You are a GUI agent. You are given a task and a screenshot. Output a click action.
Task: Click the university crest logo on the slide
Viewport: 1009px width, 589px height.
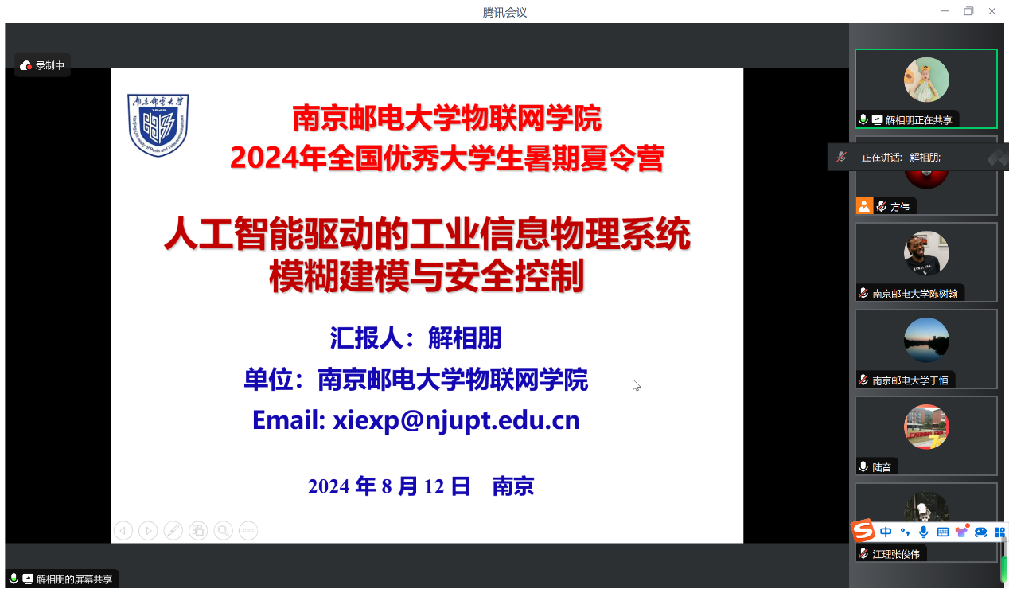(158, 125)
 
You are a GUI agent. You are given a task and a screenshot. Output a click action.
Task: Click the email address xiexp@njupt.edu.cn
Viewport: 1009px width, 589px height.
(456, 421)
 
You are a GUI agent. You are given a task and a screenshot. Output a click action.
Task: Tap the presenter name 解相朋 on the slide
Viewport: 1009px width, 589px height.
(465, 338)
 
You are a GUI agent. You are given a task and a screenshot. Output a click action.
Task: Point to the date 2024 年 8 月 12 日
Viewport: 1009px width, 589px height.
(389, 486)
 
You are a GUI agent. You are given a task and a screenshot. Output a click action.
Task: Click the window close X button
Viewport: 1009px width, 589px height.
(991, 11)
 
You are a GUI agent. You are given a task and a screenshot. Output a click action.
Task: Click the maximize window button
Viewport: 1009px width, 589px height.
(968, 11)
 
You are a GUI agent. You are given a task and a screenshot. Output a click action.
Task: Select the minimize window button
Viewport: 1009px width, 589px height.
(945, 11)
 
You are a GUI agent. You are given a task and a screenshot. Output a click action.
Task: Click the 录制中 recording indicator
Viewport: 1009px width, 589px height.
(42, 66)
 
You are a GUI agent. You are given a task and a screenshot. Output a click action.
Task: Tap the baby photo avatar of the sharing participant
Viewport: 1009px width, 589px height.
(926, 80)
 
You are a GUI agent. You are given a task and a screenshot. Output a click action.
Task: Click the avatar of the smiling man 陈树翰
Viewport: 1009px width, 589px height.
(926, 253)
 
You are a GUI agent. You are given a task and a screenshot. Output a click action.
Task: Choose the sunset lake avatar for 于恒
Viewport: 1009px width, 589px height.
(926, 340)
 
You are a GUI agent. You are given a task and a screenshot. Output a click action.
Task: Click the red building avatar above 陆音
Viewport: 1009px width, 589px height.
(926, 427)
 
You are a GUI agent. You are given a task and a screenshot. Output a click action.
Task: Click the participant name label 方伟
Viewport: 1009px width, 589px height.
(900, 207)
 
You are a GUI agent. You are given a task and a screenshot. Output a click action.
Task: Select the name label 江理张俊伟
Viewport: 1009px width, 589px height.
(896, 554)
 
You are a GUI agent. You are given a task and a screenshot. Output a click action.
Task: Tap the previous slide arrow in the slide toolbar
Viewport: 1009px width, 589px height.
(123, 531)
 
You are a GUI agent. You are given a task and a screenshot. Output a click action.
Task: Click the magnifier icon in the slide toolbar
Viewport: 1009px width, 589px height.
(223, 531)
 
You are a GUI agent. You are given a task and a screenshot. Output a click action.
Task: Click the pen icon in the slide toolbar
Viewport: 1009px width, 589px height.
(173, 531)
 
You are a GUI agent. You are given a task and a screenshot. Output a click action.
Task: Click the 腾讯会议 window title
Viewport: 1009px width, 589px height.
(505, 12)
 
